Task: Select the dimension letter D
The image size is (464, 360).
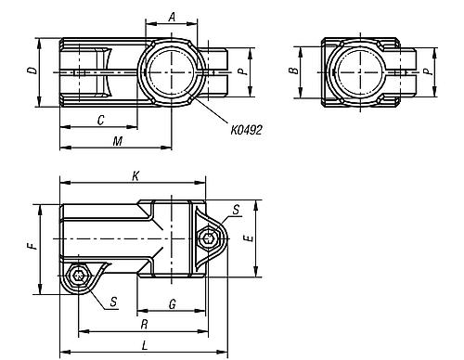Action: coord(32,71)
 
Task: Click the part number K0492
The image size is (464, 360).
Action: coord(246,131)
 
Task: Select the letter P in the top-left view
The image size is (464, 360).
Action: coord(241,71)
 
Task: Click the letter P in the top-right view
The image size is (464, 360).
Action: coord(426,71)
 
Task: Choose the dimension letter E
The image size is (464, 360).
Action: coord(247,238)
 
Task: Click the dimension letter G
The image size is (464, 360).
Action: coord(173,303)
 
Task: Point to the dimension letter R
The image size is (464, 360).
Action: coord(143,324)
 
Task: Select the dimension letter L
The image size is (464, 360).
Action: coord(143,345)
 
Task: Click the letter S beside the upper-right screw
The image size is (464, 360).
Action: coord(236,212)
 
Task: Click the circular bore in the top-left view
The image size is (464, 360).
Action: coord(170,71)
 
